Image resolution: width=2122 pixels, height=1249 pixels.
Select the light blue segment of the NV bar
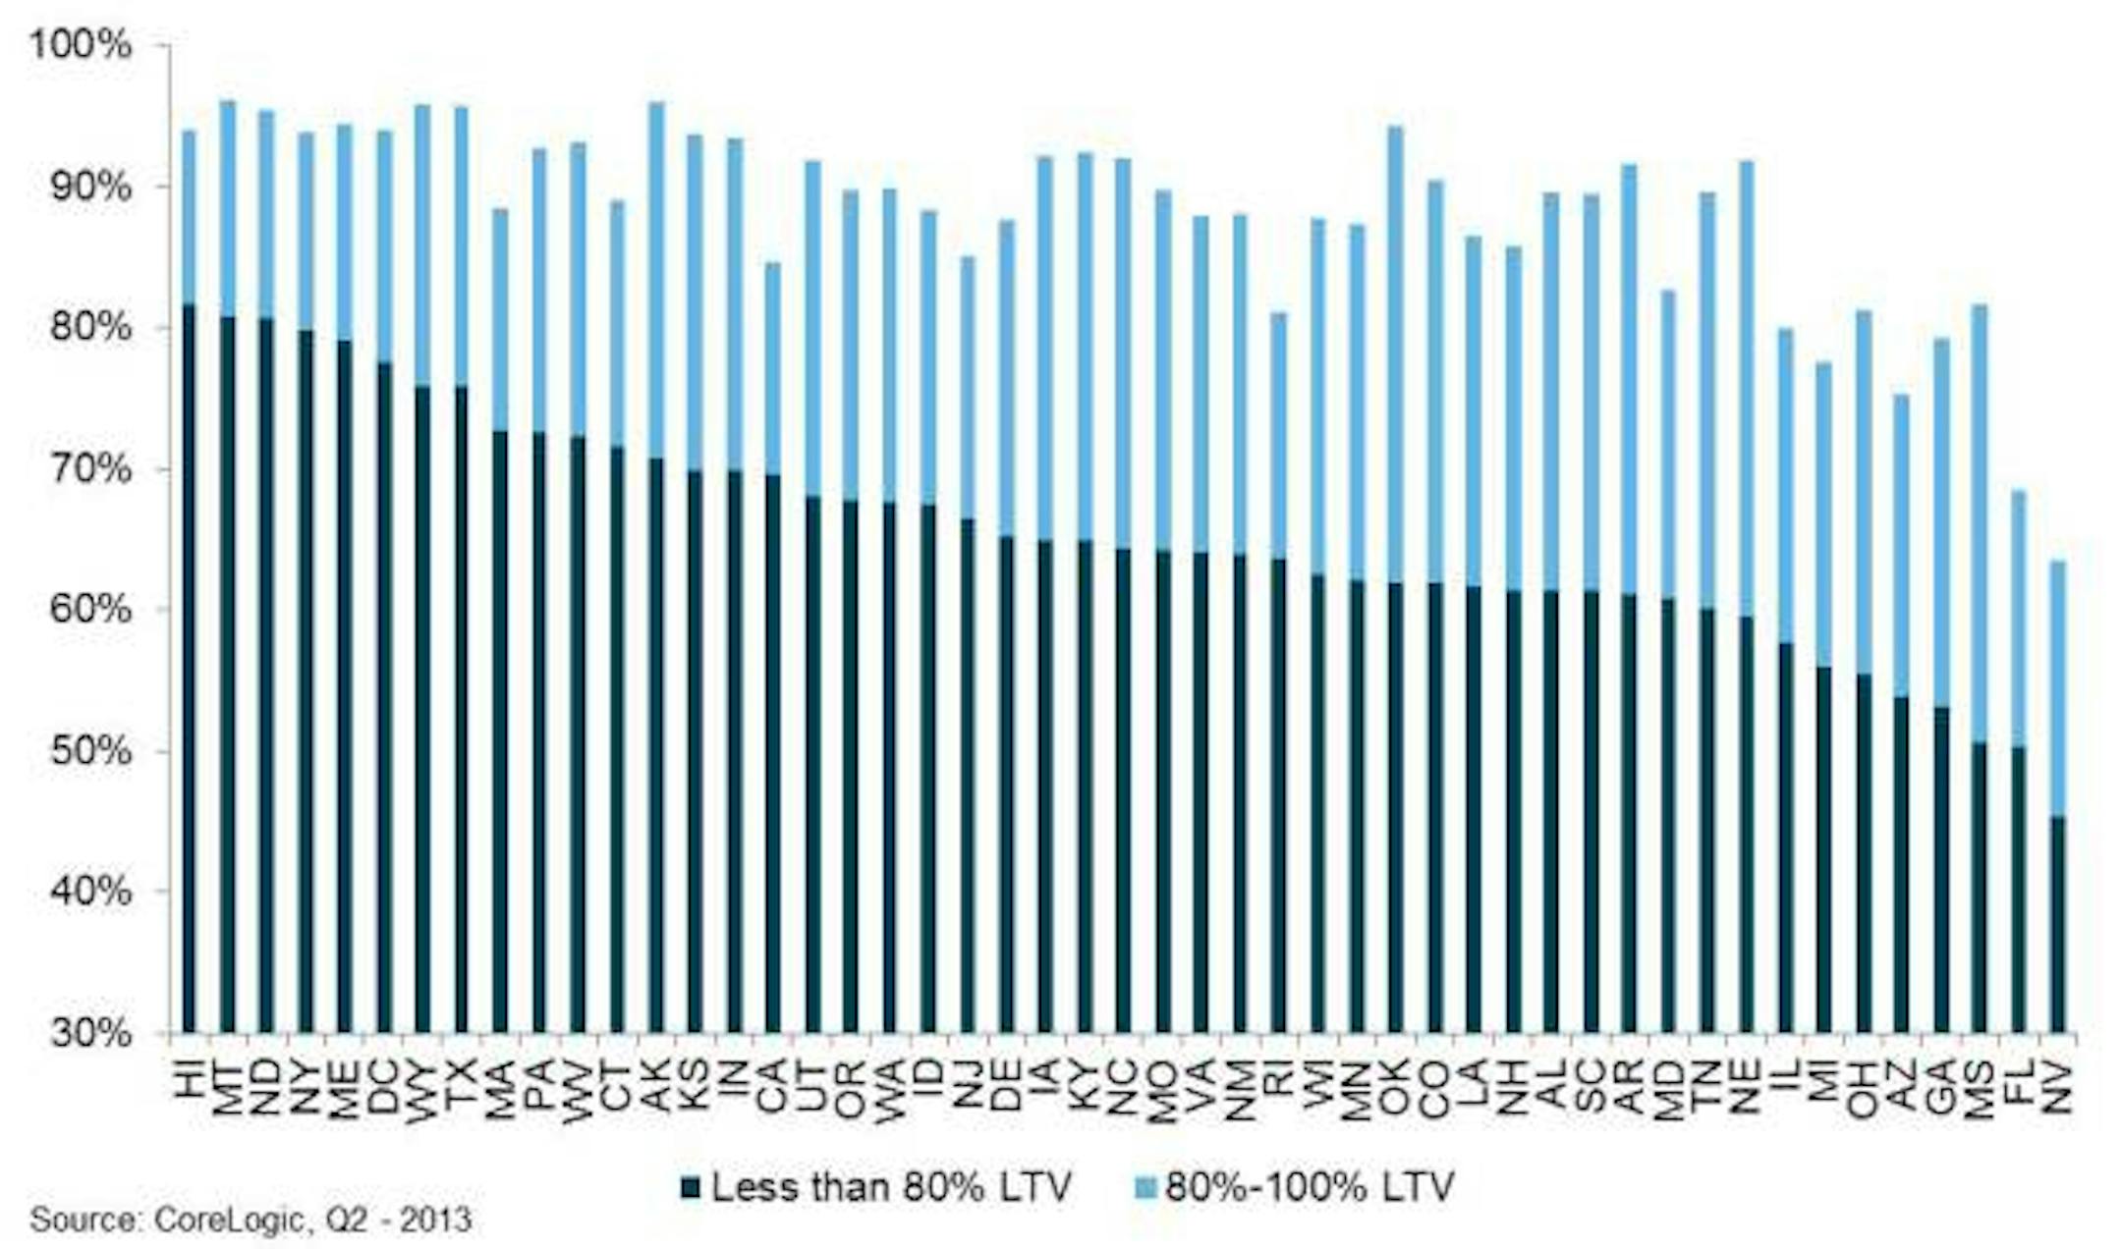[x=2058, y=687]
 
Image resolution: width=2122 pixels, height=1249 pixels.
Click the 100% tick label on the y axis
[x=81, y=45]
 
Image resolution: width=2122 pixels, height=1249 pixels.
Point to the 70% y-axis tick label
[x=81, y=468]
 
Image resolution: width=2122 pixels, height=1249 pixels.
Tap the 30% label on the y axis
[x=81, y=1033]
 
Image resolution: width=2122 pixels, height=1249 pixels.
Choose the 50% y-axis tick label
[x=81, y=751]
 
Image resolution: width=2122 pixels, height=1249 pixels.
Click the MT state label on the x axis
[x=228, y=1087]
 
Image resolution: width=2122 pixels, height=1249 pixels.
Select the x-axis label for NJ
[x=969, y=1087]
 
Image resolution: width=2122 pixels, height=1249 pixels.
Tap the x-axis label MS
[x=1980, y=1087]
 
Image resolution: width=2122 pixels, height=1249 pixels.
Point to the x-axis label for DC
[x=383, y=1087]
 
